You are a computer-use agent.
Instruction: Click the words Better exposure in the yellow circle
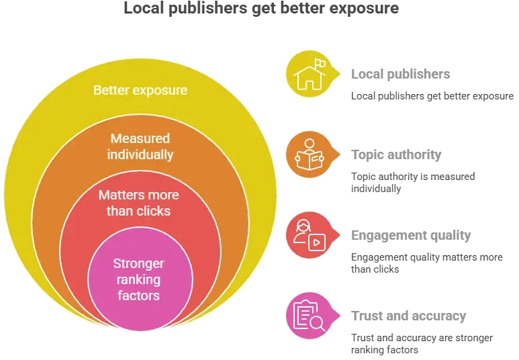(x=140, y=90)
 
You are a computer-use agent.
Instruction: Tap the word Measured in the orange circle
(x=140, y=138)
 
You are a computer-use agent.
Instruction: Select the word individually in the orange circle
(x=140, y=154)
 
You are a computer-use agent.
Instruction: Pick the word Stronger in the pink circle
(x=138, y=263)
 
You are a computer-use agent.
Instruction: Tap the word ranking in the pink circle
(x=138, y=279)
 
